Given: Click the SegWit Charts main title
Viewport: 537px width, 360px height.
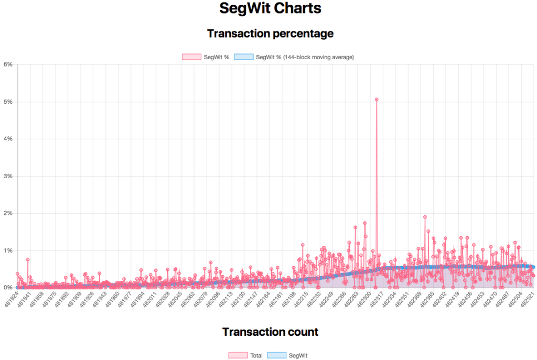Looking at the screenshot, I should click(x=270, y=9).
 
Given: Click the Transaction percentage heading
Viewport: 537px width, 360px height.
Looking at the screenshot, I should click(x=270, y=34).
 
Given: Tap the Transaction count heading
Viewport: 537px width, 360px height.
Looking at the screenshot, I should click(x=270, y=332).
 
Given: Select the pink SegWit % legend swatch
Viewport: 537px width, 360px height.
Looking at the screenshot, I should click(x=191, y=57).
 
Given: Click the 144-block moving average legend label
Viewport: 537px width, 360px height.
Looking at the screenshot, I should click(x=304, y=57).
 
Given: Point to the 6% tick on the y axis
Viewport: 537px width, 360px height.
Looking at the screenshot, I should click(x=8, y=64).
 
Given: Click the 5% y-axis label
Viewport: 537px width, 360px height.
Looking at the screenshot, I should click(x=8, y=102).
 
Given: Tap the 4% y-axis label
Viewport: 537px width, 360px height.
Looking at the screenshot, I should click(x=8, y=139).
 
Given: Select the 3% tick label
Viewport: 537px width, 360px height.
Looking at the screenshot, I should click(x=8, y=176).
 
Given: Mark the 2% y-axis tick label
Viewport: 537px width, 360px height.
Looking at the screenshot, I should click(x=8, y=213).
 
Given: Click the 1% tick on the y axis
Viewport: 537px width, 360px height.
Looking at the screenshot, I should click(x=8, y=250).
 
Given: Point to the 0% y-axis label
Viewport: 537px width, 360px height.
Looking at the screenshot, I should click(x=8, y=288).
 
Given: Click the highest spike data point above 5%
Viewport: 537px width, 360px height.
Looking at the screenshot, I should click(x=377, y=99).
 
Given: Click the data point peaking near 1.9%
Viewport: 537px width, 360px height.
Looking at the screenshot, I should click(x=425, y=217).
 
